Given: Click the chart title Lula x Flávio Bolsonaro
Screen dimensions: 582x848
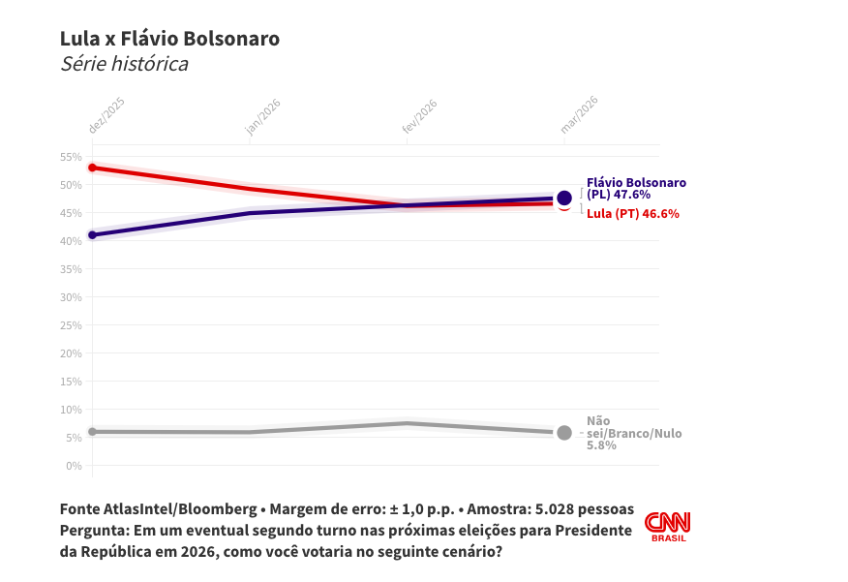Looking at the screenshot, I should [169, 39].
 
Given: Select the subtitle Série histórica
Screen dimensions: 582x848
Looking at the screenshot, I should [124, 64].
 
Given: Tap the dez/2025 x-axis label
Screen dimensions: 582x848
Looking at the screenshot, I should [106, 115].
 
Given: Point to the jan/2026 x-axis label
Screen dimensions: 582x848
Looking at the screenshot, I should [263, 116].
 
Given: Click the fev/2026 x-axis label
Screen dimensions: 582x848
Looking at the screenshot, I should [420, 116].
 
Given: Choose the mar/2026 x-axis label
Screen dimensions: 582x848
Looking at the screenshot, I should [579, 115].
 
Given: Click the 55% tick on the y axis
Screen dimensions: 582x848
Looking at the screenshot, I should [71, 157].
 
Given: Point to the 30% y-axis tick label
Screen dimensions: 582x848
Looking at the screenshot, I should [71, 297].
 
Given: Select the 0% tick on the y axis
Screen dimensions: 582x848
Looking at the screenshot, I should [74, 466].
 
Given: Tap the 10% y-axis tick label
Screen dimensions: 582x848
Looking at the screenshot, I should [71, 410].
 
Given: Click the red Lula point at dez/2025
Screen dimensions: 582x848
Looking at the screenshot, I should [92, 168].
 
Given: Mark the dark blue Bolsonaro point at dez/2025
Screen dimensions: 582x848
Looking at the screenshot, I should [92, 235].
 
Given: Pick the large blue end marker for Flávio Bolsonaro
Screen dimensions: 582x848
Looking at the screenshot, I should [564, 198].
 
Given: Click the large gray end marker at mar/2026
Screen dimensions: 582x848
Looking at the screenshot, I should [564, 433].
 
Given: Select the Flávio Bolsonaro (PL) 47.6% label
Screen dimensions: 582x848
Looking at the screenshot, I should [635, 188].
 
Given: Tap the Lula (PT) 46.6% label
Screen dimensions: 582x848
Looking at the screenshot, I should [632, 213].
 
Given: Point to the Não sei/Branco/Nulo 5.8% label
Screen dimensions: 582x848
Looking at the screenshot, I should [633, 433].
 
